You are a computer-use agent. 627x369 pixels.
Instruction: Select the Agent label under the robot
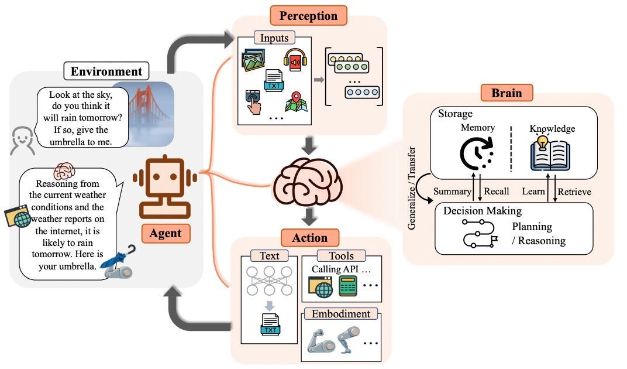[x=165, y=233]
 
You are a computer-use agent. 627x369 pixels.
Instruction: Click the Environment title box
[x=106, y=71]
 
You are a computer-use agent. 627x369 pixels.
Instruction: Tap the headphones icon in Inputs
[x=295, y=60]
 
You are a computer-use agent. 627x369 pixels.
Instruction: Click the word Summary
[x=453, y=192]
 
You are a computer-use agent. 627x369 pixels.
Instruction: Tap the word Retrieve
[x=574, y=192]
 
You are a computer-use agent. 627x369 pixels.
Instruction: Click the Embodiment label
[x=341, y=314]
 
